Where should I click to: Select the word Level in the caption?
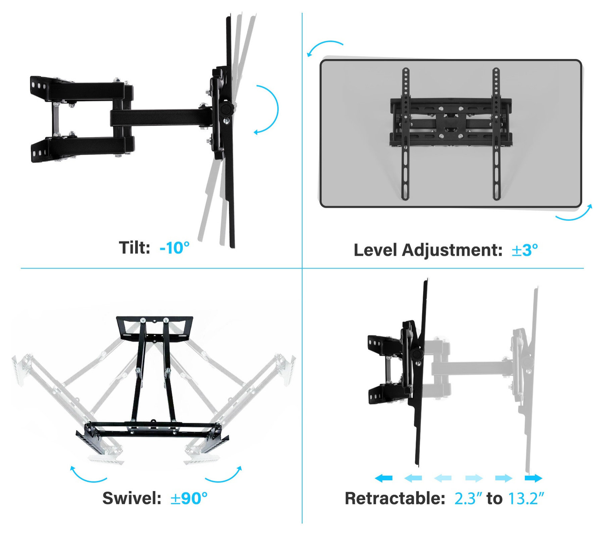tap(375, 250)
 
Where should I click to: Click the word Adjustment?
tap(452, 250)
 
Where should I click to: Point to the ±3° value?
tap(524, 250)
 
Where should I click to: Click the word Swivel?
tap(132, 498)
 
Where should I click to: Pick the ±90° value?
tap(189, 498)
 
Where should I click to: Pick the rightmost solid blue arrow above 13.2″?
tap(534, 478)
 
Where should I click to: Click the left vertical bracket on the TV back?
tap(406, 134)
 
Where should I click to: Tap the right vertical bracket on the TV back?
tap(496, 134)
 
